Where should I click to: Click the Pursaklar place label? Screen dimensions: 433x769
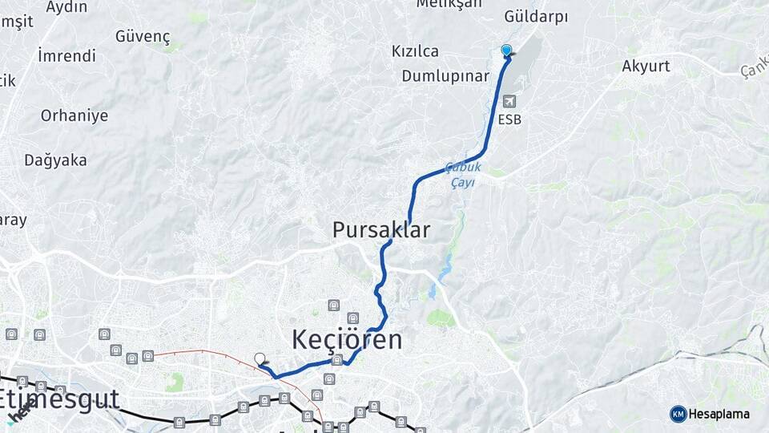pyautogui.click(x=381, y=230)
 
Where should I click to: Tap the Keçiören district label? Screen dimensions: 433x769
pyautogui.click(x=347, y=339)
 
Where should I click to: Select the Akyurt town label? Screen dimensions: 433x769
pyautogui.click(x=646, y=67)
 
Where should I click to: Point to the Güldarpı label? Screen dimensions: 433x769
pyautogui.click(x=536, y=17)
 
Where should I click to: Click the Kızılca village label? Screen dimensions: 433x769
pyautogui.click(x=415, y=51)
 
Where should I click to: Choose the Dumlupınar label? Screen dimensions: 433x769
pyautogui.click(x=445, y=76)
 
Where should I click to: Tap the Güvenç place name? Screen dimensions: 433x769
pyautogui.click(x=143, y=36)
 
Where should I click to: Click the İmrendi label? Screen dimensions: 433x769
pyautogui.click(x=66, y=56)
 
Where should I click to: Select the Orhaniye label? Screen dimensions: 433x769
pyautogui.click(x=74, y=115)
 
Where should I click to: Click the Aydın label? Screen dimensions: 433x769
pyautogui.click(x=66, y=7)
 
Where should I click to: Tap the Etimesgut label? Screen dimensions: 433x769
pyautogui.click(x=59, y=399)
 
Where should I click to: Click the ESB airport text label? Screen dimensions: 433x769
pyautogui.click(x=509, y=120)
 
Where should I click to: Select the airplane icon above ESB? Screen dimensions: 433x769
pyautogui.click(x=510, y=102)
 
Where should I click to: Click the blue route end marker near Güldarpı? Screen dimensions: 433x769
pyautogui.click(x=506, y=51)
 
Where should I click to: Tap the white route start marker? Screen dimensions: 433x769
pyautogui.click(x=260, y=358)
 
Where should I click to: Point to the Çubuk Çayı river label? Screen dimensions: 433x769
pyautogui.click(x=464, y=175)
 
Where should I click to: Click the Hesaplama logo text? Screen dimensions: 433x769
pyautogui.click(x=719, y=414)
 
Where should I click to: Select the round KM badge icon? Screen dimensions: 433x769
pyautogui.click(x=678, y=414)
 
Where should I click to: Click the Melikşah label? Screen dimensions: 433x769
pyautogui.click(x=449, y=4)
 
